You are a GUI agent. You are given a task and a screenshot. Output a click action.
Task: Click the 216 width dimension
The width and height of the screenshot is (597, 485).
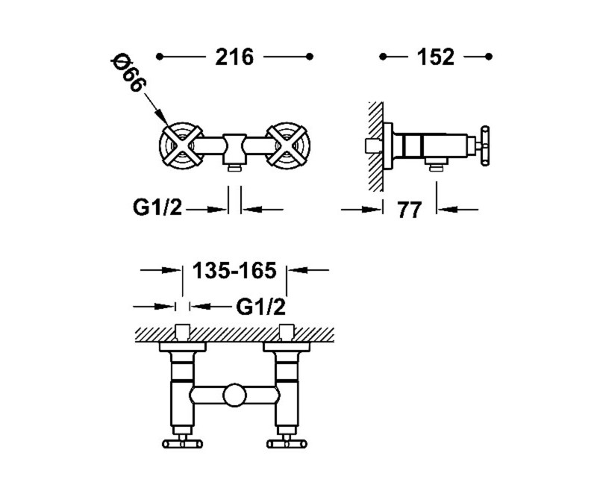coord(234,57)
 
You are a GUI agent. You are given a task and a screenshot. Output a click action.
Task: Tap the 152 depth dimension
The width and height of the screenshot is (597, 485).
coord(436,57)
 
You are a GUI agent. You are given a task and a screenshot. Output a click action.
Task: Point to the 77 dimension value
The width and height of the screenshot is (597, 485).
coord(410,210)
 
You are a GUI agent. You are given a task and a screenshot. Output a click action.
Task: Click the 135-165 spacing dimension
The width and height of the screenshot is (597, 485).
coord(234,271)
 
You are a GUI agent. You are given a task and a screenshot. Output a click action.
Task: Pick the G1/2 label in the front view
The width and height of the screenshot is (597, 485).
coord(157,207)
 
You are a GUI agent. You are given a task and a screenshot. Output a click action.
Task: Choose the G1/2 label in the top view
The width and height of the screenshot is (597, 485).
coord(260,307)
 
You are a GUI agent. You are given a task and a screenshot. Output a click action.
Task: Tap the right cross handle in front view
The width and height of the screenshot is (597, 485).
coord(288,145)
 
